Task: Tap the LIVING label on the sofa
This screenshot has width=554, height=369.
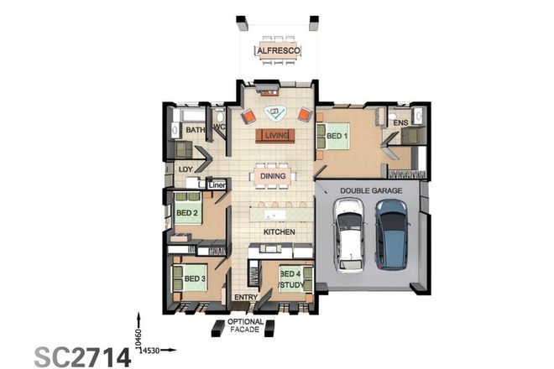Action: [x=275, y=135]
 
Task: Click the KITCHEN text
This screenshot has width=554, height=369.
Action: [x=278, y=231]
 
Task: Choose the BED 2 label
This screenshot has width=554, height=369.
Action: [x=186, y=213]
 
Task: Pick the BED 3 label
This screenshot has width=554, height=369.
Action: [x=196, y=278]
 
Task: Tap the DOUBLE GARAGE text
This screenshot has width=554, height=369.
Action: [x=370, y=191]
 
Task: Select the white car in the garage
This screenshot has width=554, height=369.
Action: [x=348, y=238]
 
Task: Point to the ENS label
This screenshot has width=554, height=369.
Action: [x=400, y=123]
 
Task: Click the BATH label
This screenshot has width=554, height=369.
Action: [x=195, y=130]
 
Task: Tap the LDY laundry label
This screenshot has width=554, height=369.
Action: [x=186, y=169]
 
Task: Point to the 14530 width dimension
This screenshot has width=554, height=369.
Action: [x=150, y=348]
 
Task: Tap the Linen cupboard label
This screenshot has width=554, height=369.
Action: [x=217, y=184]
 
